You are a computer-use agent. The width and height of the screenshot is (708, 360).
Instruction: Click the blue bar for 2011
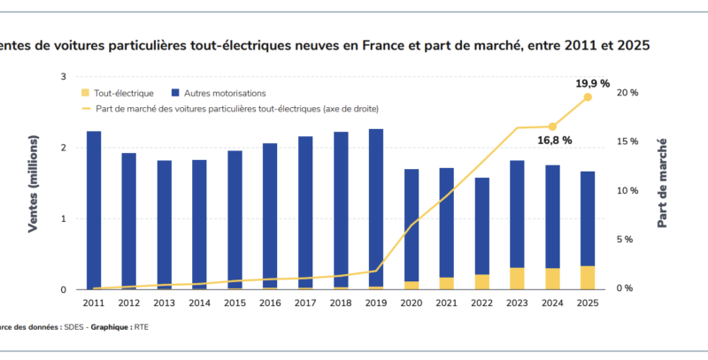[x=94, y=209]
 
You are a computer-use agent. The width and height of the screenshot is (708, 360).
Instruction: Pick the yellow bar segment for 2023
[x=517, y=278]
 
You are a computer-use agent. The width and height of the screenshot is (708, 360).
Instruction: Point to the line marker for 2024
[x=552, y=126]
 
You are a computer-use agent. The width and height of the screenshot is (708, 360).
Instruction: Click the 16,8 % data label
[x=554, y=141]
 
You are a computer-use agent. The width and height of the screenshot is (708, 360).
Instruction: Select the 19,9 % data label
[x=593, y=84]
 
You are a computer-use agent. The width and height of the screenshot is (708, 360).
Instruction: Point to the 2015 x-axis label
[x=235, y=303]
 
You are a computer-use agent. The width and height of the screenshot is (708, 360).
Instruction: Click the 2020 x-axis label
[x=411, y=303]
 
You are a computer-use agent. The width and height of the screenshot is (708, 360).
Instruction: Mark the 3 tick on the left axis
[x=63, y=77]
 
